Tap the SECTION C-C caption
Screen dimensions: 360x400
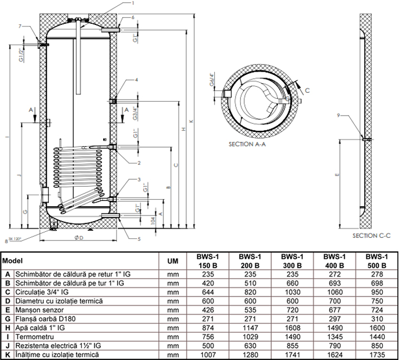coord(372,236)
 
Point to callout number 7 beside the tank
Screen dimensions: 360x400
coord(20,26)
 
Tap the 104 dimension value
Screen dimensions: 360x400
coord(153,220)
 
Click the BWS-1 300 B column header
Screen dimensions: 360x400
coord(292,261)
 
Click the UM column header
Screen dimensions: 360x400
coord(173,261)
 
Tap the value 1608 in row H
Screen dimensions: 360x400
coord(292,328)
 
